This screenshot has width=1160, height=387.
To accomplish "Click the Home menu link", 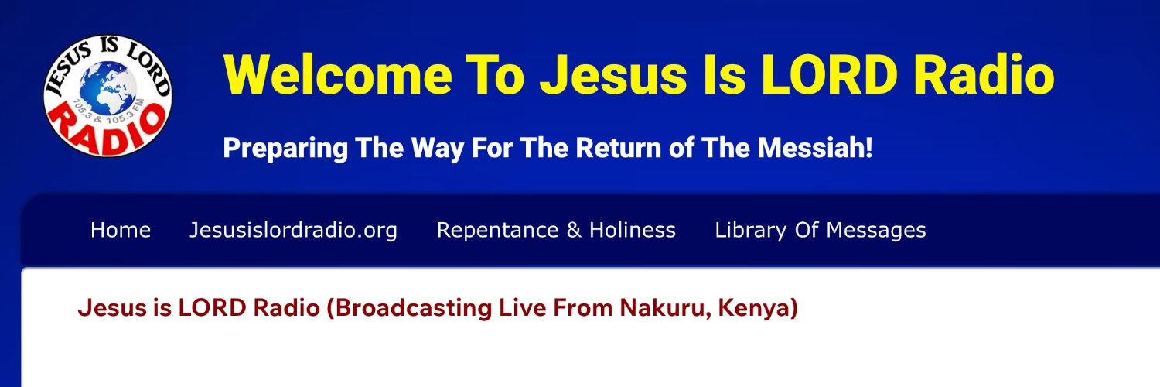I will [121, 230].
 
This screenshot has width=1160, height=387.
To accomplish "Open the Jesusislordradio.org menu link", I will [294, 230].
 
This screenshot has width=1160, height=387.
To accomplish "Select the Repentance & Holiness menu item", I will [556, 230].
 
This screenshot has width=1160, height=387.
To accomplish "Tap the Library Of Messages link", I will [820, 230].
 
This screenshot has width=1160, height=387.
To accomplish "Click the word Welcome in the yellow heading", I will [337, 75].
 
